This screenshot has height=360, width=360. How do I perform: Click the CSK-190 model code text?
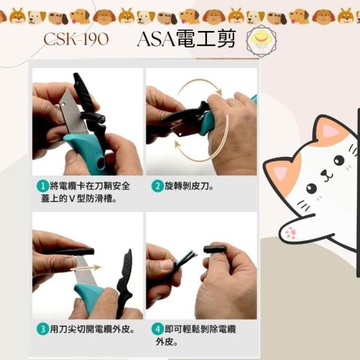(x=76, y=39)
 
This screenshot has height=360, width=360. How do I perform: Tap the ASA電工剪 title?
(x=186, y=39)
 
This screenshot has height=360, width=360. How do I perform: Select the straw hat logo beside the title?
(x=261, y=40)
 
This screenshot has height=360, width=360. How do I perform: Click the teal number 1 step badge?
(x=43, y=186)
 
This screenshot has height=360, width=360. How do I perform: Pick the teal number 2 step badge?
(x=157, y=186)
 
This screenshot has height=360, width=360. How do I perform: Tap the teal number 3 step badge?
(x=43, y=329)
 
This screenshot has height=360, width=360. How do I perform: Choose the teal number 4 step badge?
(x=157, y=329)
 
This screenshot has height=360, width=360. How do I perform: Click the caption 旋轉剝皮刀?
(x=189, y=186)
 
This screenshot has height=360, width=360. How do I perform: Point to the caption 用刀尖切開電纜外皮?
(x=92, y=329)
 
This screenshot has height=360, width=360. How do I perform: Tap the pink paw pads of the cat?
(x=291, y=233)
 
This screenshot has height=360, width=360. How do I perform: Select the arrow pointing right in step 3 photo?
(x=85, y=268)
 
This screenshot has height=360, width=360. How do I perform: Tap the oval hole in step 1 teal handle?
(x=100, y=163)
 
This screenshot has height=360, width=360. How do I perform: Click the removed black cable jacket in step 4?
(x=215, y=249)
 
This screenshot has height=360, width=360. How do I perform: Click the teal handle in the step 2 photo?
(x=208, y=123)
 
